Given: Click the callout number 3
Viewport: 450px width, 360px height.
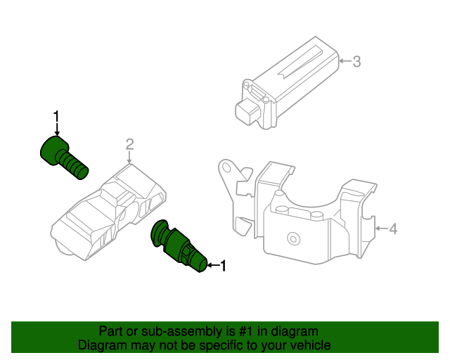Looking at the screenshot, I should [356, 62].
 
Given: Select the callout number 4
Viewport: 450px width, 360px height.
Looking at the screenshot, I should [393, 229].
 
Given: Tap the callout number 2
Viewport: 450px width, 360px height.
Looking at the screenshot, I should [129, 145].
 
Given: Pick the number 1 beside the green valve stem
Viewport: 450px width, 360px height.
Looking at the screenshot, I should [224, 266].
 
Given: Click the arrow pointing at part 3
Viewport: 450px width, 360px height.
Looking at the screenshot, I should [345, 62].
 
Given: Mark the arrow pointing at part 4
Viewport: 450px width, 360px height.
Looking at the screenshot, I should [381, 229].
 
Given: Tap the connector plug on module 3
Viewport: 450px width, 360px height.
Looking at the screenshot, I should [247, 111].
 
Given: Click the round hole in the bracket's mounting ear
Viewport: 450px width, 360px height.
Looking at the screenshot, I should [226, 169].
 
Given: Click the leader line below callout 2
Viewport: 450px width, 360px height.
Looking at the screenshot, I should [129, 159].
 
